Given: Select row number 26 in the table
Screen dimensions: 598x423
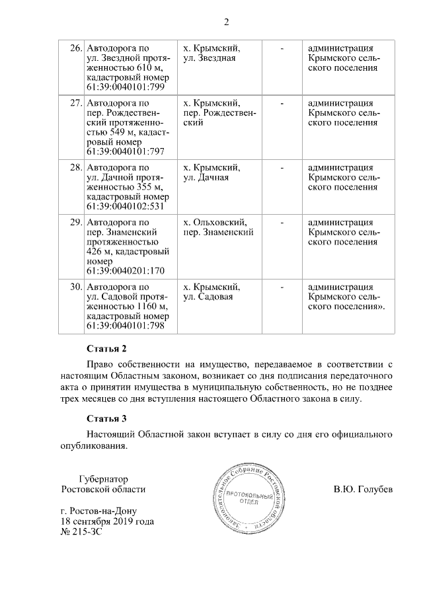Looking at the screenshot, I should [x=75, y=49].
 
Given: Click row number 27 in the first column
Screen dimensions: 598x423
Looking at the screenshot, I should [x=75, y=104].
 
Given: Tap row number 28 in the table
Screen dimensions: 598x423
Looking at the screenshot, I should [x=75, y=168].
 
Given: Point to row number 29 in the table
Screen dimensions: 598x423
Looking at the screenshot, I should [x=75, y=223].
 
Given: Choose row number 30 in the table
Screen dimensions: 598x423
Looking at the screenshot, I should [x=75, y=287].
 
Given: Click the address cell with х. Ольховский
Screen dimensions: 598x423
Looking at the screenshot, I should [x=218, y=227].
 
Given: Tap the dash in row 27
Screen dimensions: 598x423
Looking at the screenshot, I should [x=282, y=104].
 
